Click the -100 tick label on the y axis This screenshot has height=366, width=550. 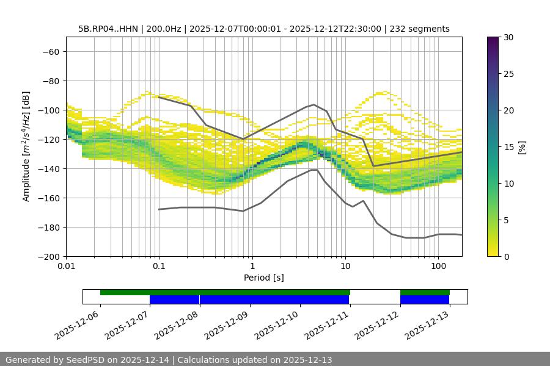tap(48, 110)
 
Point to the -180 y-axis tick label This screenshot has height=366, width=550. tap(48, 227)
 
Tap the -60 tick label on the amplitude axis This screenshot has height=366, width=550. tap(51, 51)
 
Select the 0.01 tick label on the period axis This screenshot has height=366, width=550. tap(66, 267)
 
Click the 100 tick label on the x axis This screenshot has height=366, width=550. tap(438, 267)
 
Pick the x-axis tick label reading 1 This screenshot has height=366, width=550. tap(252, 267)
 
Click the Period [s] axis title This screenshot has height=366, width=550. tap(264, 278)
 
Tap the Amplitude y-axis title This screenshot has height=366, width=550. tap(26, 146)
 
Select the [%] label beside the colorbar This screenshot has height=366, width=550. tap(522, 147)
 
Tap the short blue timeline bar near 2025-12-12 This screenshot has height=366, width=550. tap(425, 300)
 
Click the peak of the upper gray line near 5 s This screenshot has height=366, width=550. tap(314, 104)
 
